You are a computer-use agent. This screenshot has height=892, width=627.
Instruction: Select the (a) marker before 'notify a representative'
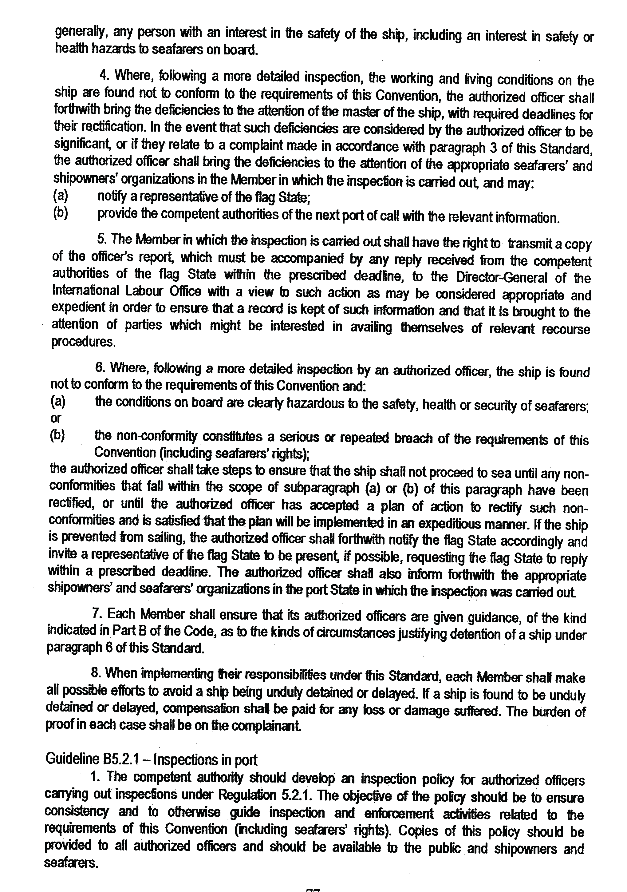(x=60, y=196)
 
